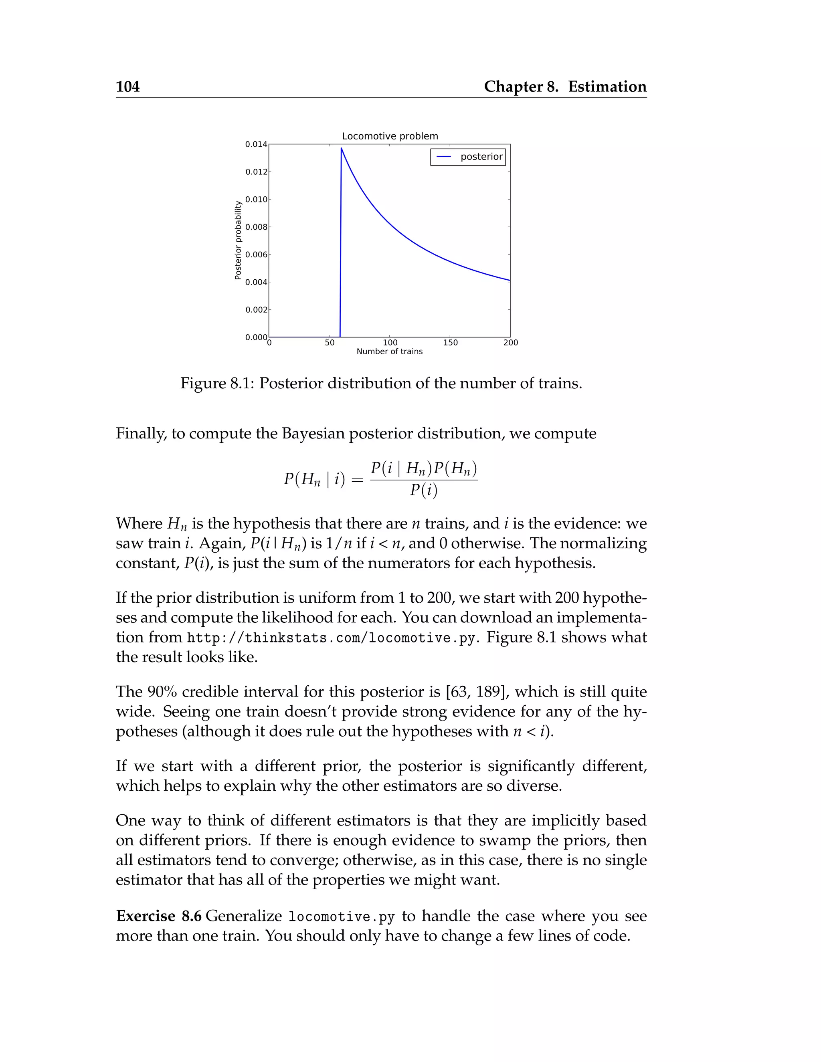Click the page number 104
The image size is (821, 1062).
[x=127, y=87]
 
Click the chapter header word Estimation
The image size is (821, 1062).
[x=607, y=87]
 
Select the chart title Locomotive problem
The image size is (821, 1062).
[x=390, y=136]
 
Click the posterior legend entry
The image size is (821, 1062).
[x=468, y=157]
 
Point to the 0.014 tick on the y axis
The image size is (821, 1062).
[x=256, y=144]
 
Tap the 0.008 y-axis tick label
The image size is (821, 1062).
[x=256, y=227]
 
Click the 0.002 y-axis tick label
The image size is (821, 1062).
[x=256, y=310]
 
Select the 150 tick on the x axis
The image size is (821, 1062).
[x=450, y=343]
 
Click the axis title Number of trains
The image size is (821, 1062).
[x=389, y=351]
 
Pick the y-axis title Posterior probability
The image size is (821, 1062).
[x=238, y=240]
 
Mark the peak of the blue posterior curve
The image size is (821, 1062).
[x=342, y=148]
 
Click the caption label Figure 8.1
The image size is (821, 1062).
[x=216, y=383]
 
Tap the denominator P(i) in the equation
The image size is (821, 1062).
[x=423, y=490]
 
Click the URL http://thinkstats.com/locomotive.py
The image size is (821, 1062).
[x=331, y=638]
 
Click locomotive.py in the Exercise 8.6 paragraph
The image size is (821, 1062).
[x=342, y=917]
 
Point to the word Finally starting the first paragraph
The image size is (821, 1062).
[x=141, y=433]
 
